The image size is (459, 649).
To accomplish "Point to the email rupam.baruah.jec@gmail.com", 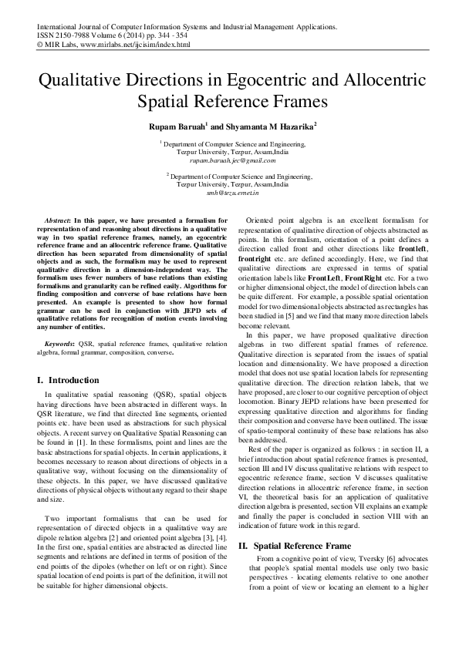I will (x=230, y=160).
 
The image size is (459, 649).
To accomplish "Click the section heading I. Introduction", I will (x=68, y=380).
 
